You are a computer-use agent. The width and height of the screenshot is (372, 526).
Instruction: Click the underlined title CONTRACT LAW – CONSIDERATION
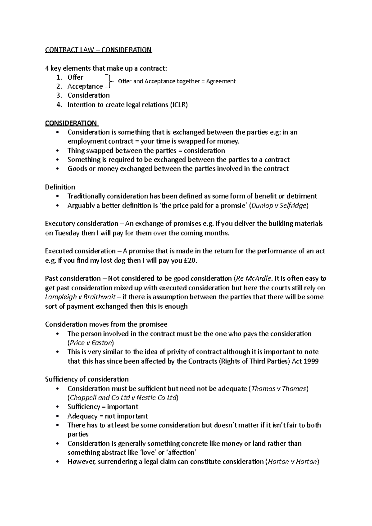click(x=98, y=50)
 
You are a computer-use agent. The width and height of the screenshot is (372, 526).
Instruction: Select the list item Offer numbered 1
click(x=75, y=77)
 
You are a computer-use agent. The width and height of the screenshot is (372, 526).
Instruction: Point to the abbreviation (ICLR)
click(x=179, y=105)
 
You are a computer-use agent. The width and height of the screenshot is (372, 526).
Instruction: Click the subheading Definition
click(x=60, y=187)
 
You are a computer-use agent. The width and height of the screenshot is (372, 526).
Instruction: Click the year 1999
click(x=311, y=361)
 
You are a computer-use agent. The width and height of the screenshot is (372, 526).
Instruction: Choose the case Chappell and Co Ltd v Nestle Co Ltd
click(x=123, y=398)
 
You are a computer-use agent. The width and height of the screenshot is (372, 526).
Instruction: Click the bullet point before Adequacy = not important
click(x=58, y=416)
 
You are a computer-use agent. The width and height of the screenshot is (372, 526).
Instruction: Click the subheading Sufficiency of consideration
click(x=87, y=379)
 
